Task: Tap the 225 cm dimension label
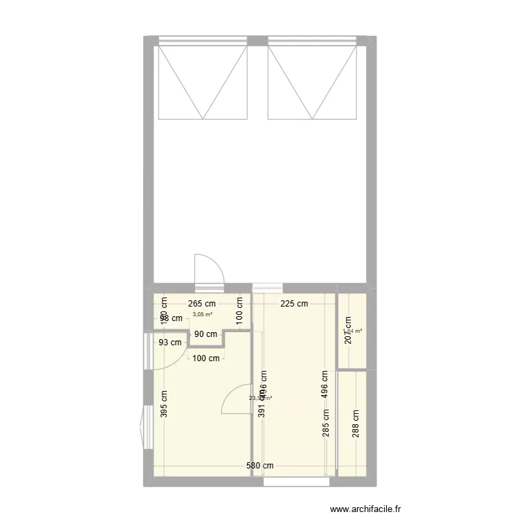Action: [295, 303]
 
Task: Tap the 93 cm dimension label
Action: [170, 342]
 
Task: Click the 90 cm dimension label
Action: [206, 334]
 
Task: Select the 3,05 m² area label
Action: [202, 314]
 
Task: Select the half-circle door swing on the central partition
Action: [237, 399]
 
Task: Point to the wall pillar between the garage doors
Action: [257, 41]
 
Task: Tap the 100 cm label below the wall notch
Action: [206, 358]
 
